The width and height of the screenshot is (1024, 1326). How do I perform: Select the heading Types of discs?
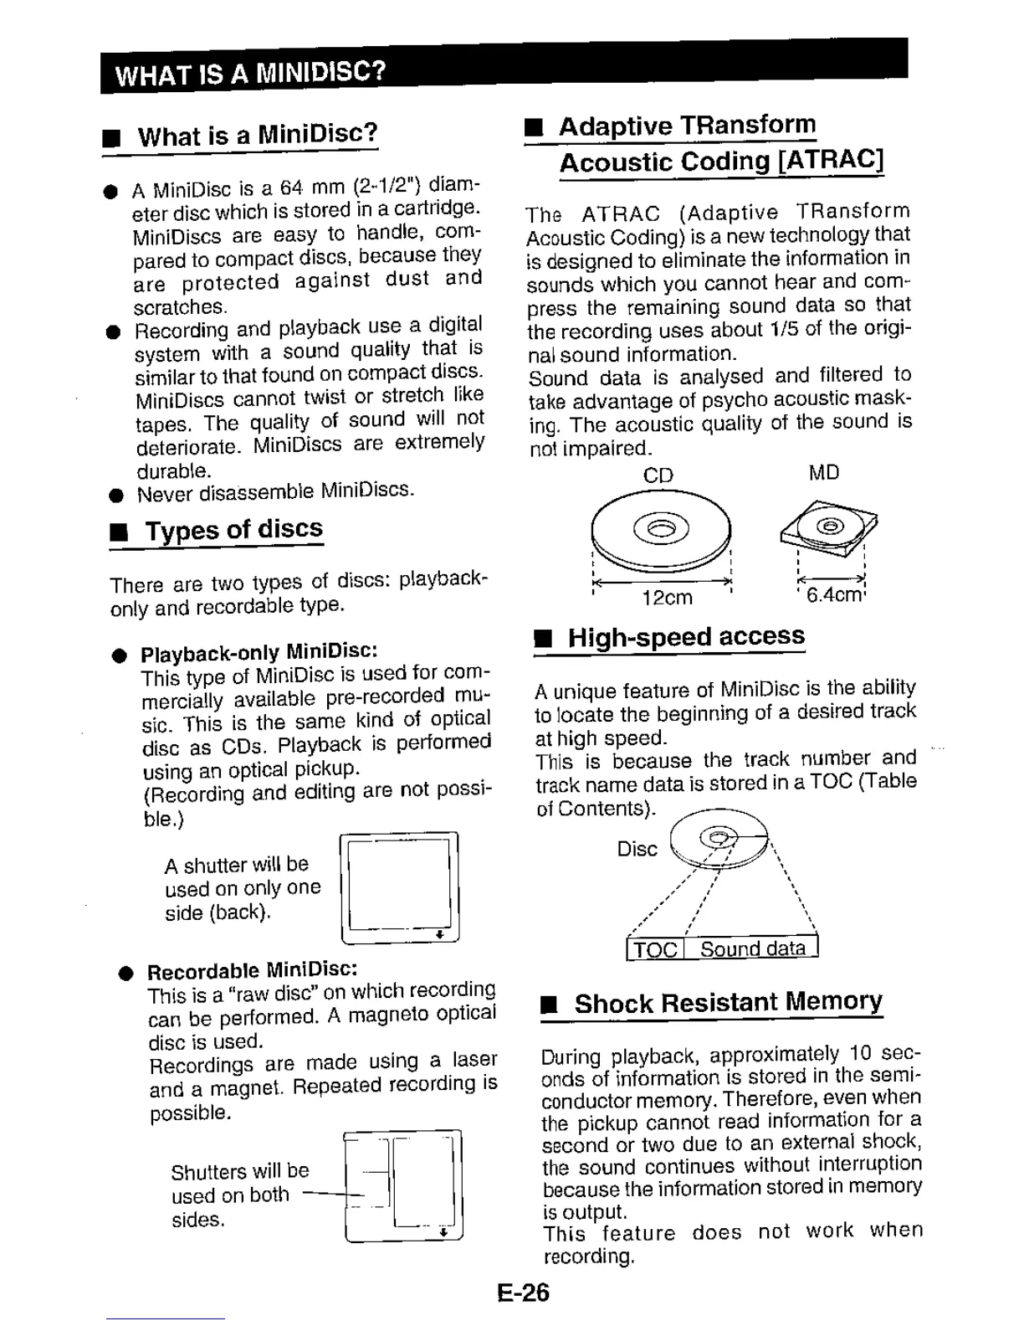coord(233,529)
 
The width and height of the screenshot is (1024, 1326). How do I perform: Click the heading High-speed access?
coord(686,636)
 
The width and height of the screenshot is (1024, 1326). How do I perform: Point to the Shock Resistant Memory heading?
coord(728,1002)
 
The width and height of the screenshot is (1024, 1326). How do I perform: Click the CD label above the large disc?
coord(658,475)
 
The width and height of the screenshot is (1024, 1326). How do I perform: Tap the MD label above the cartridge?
coord(823,472)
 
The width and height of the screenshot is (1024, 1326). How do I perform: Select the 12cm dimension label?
coord(667,597)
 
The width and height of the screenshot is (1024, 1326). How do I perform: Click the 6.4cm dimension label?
coord(833,595)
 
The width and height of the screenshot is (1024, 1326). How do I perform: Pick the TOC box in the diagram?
coord(655,948)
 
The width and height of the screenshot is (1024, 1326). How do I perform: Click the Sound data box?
coord(752,948)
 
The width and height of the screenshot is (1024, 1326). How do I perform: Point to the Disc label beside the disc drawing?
coord(637,849)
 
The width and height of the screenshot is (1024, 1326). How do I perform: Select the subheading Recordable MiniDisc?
coord(253,970)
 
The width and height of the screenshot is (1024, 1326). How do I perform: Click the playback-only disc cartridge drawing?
coord(400,887)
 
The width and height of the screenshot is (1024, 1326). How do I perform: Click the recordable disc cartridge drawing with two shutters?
coord(403,1186)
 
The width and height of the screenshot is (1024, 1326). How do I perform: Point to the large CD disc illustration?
coord(661,532)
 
